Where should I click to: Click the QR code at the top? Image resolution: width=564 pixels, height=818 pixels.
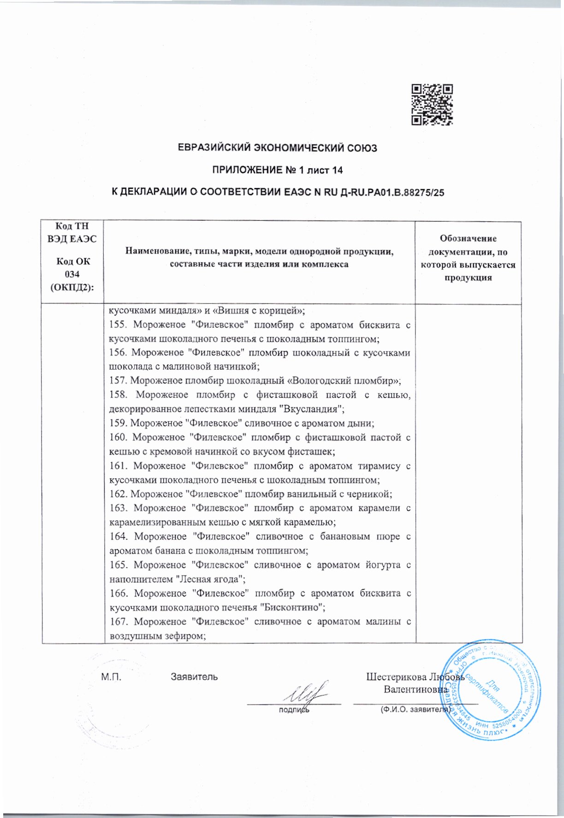pos(432,105)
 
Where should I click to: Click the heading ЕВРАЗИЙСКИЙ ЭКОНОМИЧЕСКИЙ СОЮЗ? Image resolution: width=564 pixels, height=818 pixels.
pos(278,148)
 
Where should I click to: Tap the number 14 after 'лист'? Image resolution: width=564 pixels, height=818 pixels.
pos(337,171)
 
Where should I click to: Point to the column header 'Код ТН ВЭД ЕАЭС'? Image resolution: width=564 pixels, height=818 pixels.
pos(72,232)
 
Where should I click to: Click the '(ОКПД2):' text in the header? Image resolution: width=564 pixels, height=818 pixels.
pos(72,287)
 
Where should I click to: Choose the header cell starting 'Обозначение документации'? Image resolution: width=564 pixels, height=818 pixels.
pos(468,258)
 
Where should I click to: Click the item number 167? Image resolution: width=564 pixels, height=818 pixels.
pos(119,622)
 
